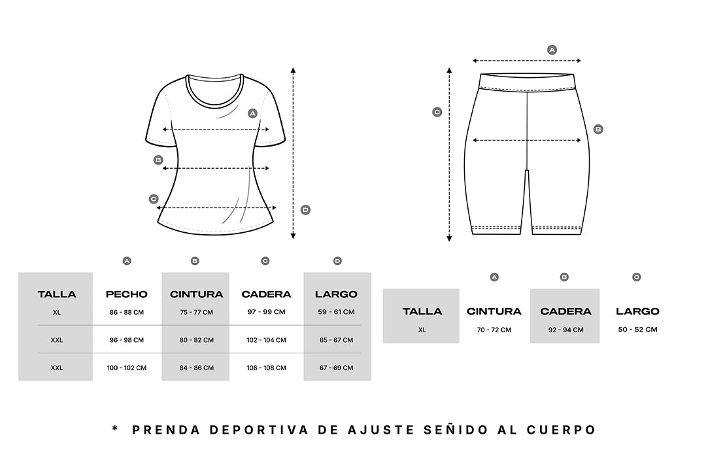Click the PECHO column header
click(x=127, y=294)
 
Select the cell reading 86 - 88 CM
click(x=127, y=312)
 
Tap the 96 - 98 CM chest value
click(x=127, y=340)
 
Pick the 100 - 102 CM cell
click(x=127, y=368)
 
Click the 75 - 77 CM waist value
click(x=196, y=312)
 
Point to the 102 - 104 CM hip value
click(x=266, y=340)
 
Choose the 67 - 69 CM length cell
click(x=337, y=368)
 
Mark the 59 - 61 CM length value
click(x=337, y=312)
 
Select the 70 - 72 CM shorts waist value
click(x=494, y=330)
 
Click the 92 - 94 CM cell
click(x=565, y=330)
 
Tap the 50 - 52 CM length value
click(x=637, y=330)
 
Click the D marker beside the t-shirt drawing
click(x=305, y=209)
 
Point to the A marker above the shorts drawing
click(x=552, y=50)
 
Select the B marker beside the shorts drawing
click(x=598, y=130)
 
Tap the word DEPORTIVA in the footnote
click(x=259, y=430)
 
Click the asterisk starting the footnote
click(x=115, y=428)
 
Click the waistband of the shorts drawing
click(x=527, y=83)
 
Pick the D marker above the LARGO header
click(x=337, y=261)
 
